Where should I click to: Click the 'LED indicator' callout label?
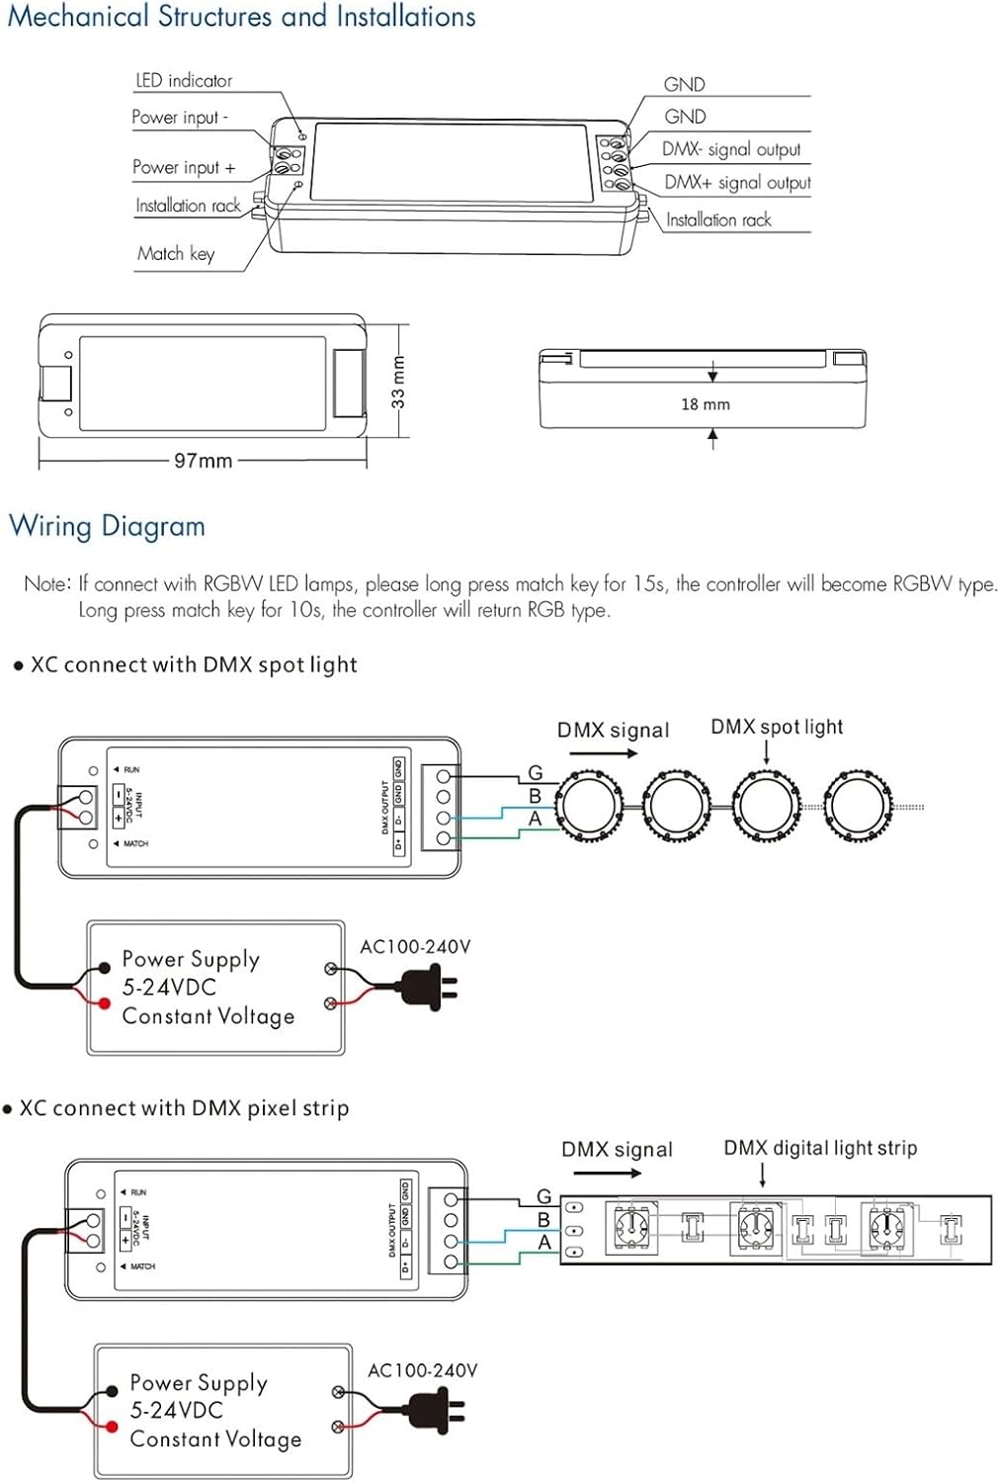[184, 81]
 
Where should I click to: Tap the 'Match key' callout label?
[176, 254]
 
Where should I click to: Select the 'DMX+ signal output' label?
[737, 183]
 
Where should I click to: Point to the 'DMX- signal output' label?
[731, 150]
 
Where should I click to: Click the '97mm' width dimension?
[203, 461]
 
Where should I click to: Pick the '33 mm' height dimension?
[398, 383]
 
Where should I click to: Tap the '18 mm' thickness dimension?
[706, 404]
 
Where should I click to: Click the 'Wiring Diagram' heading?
[107, 526]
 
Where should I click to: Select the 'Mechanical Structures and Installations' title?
[241, 17]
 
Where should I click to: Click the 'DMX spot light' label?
[777, 728]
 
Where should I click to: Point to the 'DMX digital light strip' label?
[820, 1149]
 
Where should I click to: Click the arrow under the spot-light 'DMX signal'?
[604, 753]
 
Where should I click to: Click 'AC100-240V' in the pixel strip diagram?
[422, 1371]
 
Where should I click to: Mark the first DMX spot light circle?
[588, 806]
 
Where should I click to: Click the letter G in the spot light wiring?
[536, 773]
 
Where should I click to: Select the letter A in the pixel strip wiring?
[544, 1243]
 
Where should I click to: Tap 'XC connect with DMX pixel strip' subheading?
[184, 1108]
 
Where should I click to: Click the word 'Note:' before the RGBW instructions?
[46, 584]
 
